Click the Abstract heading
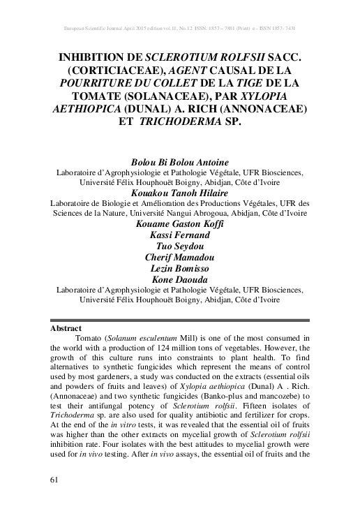click(66, 327)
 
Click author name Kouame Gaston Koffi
click(179, 226)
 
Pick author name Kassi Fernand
click(179, 237)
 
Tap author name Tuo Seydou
click(179, 249)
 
